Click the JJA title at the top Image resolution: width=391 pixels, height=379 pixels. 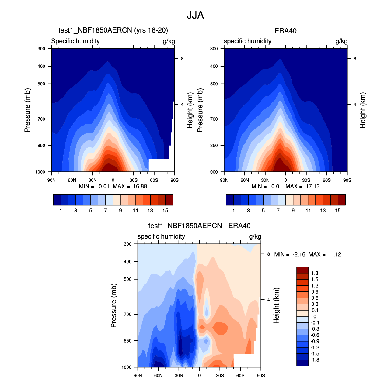click(x=195, y=15)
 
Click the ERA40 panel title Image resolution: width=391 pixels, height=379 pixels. click(x=285, y=31)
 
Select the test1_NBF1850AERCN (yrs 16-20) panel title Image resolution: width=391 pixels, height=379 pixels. click(x=113, y=30)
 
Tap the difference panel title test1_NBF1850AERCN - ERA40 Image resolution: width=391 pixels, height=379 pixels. click(x=199, y=226)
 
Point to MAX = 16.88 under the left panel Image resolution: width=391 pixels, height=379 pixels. click(x=130, y=186)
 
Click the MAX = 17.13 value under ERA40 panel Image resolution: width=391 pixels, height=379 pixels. click(x=302, y=186)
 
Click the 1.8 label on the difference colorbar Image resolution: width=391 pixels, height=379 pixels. click(x=315, y=273)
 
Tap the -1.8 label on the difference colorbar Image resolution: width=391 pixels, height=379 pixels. click(x=315, y=360)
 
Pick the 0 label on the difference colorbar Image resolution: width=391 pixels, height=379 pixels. click(x=315, y=316)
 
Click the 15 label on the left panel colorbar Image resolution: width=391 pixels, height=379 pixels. click(x=165, y=210)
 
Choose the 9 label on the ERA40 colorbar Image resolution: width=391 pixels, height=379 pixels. click(x=293, y=210)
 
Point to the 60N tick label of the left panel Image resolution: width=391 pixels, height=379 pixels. click(x=72, y=180)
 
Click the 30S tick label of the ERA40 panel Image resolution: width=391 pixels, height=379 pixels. click(x=306, y=180)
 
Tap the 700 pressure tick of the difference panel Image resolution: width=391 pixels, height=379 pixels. click(x=127, y=314)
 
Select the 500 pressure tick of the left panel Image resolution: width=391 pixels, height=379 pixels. click(x=41, y=84)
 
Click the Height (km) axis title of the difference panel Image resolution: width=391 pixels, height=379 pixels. click(x=276, y=305)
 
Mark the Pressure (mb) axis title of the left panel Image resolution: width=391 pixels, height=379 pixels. click(x=27, y=110)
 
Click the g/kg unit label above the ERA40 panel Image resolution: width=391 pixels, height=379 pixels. click(x=341, y=41)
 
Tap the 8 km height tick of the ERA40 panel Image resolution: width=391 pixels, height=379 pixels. click(x=355, y=59)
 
